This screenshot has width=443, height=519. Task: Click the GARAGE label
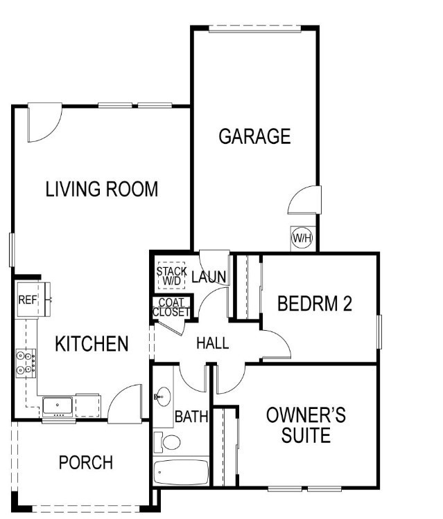[254, 136]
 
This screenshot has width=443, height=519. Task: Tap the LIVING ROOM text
[102, 188]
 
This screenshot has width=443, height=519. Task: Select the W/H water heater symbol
[302, 239]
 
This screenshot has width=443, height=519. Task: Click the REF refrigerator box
[27, 300]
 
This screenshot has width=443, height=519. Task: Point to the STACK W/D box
[171, 276]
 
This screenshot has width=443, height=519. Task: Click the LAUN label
[209, 278]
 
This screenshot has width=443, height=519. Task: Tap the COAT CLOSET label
[171, 307]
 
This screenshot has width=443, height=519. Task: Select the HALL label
[212, 343]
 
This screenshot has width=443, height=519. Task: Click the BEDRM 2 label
[315, 304]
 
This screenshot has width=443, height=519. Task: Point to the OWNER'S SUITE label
[306, 426]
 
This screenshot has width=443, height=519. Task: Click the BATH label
[191, 417]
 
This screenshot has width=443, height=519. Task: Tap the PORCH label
[85, 462]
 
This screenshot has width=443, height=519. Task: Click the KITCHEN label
[92, 344]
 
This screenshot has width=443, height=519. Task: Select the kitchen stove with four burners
[26, 362]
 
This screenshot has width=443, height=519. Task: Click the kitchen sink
[55, 404]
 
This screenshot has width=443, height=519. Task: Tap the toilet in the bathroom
[167, 441]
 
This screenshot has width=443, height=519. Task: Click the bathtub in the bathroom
[181, 474]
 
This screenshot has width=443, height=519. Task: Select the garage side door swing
[304, 201]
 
